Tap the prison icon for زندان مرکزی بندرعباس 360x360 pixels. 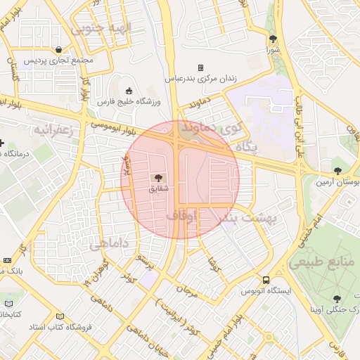[200, 68]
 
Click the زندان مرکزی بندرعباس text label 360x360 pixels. [200, 79]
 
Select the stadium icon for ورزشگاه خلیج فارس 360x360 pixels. [128, 91]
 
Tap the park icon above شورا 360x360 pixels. [273, 39]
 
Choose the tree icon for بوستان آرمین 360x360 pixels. [338, 170]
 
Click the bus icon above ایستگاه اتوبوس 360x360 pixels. [266, 279]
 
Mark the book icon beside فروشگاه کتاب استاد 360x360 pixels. [59, 317]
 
